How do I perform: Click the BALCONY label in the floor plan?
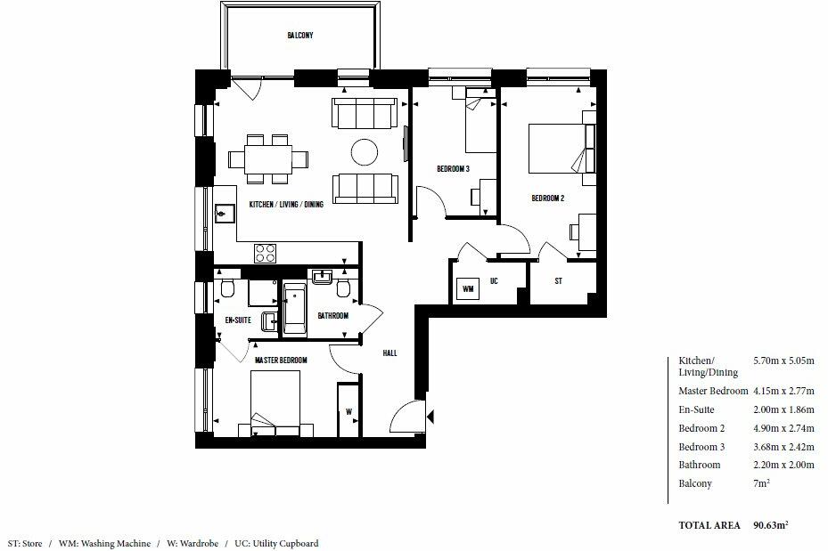[299, 36]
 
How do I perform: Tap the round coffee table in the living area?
[365, 152]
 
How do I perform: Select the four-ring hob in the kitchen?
[266, 253]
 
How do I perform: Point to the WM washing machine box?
[466, 288]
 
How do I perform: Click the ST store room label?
[558, 281]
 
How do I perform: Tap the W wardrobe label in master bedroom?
[348, 411]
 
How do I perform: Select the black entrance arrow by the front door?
[430, 416]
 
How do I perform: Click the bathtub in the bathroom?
[294, 309]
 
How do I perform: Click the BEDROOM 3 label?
[453, 169]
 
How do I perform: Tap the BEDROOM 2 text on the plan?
[548, 199]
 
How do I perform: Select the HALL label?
[389, 353]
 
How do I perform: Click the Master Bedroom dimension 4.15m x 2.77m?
[783, 392]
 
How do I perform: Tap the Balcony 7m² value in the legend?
[762, 483]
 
